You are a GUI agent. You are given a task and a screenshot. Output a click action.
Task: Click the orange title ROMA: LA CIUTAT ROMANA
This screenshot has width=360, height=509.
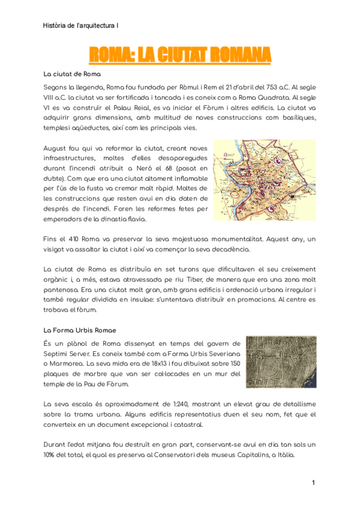[180, 56]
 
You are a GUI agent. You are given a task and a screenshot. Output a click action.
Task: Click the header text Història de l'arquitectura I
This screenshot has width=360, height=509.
[81, 26]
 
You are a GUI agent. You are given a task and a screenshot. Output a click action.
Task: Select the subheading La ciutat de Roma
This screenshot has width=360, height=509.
[72, 74]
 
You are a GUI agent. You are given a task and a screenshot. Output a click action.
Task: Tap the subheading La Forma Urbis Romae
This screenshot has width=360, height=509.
[80, 330]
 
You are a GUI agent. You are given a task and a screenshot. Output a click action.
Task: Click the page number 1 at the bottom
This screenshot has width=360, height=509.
[313, 483]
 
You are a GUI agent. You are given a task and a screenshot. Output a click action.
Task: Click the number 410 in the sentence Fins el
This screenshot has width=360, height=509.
[74, 239]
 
